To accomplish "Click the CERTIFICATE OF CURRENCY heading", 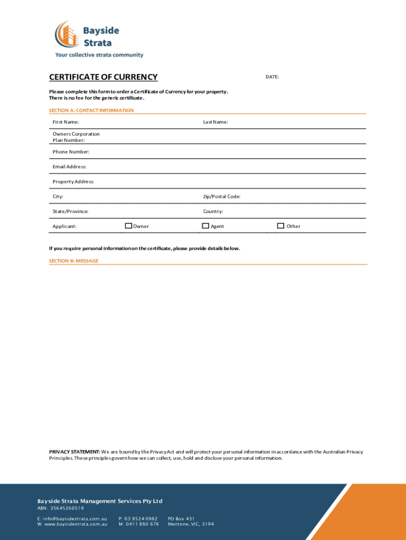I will (103, 78).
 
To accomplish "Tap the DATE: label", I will (272, 77).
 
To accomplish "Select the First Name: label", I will (66, 122).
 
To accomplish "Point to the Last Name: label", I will (216, 122).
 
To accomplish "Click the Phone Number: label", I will (71, 152).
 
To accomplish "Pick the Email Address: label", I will (70, 167).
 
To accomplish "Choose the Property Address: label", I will (73, 181).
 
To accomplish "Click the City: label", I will (58, 197).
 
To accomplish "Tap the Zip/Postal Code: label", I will (222, 197).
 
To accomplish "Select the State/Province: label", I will (71, 211).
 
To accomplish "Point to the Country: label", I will (213, 211).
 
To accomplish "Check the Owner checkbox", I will (128, 226).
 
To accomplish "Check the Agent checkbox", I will (206, 226).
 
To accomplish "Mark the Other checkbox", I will (281, 226).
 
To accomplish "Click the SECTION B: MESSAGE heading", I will (74, 261).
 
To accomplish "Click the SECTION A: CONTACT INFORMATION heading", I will (91, 111).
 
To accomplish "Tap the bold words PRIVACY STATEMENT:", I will (74, 452).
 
